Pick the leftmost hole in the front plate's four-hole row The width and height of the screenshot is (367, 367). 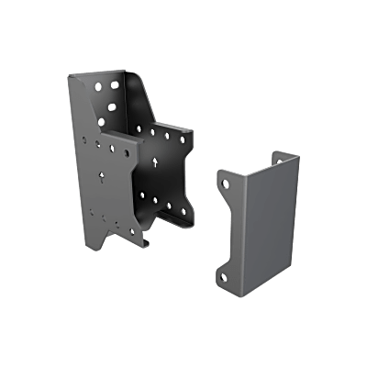pos(83,141)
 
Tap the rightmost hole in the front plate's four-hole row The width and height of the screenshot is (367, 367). pos(124,148)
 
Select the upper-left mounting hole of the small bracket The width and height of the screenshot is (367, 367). pos(224,185)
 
